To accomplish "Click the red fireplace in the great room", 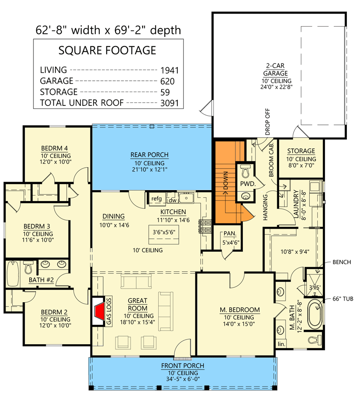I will pyautogui.click(x=99, y=312).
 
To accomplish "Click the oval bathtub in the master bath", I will pyautogui.click(x=314, y=314).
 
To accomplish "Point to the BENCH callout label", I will pyautogui.click(x=342, y=262).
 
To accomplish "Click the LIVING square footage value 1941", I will pyautogui.click(x=170, y=70).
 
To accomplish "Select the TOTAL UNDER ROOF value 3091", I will pyautogui.click(x=170, y=103).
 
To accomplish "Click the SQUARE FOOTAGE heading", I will pyautogui.click(x=107, y=51).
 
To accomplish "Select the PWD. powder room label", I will pyautogui.click(x=247, y=184).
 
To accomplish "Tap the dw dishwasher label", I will pyautogui.click(x=172, y=200).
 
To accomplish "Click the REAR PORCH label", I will pyautogui.click(x=149, y=155).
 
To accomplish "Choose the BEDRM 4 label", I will pyautogui.click(x=55, y=148).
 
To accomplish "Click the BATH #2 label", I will pyautogui.click(x=40, y=280).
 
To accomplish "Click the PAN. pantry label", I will pyautogui.click(x=230, y=233).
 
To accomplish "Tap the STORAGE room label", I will pyautogui.click(x=301, y=151).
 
